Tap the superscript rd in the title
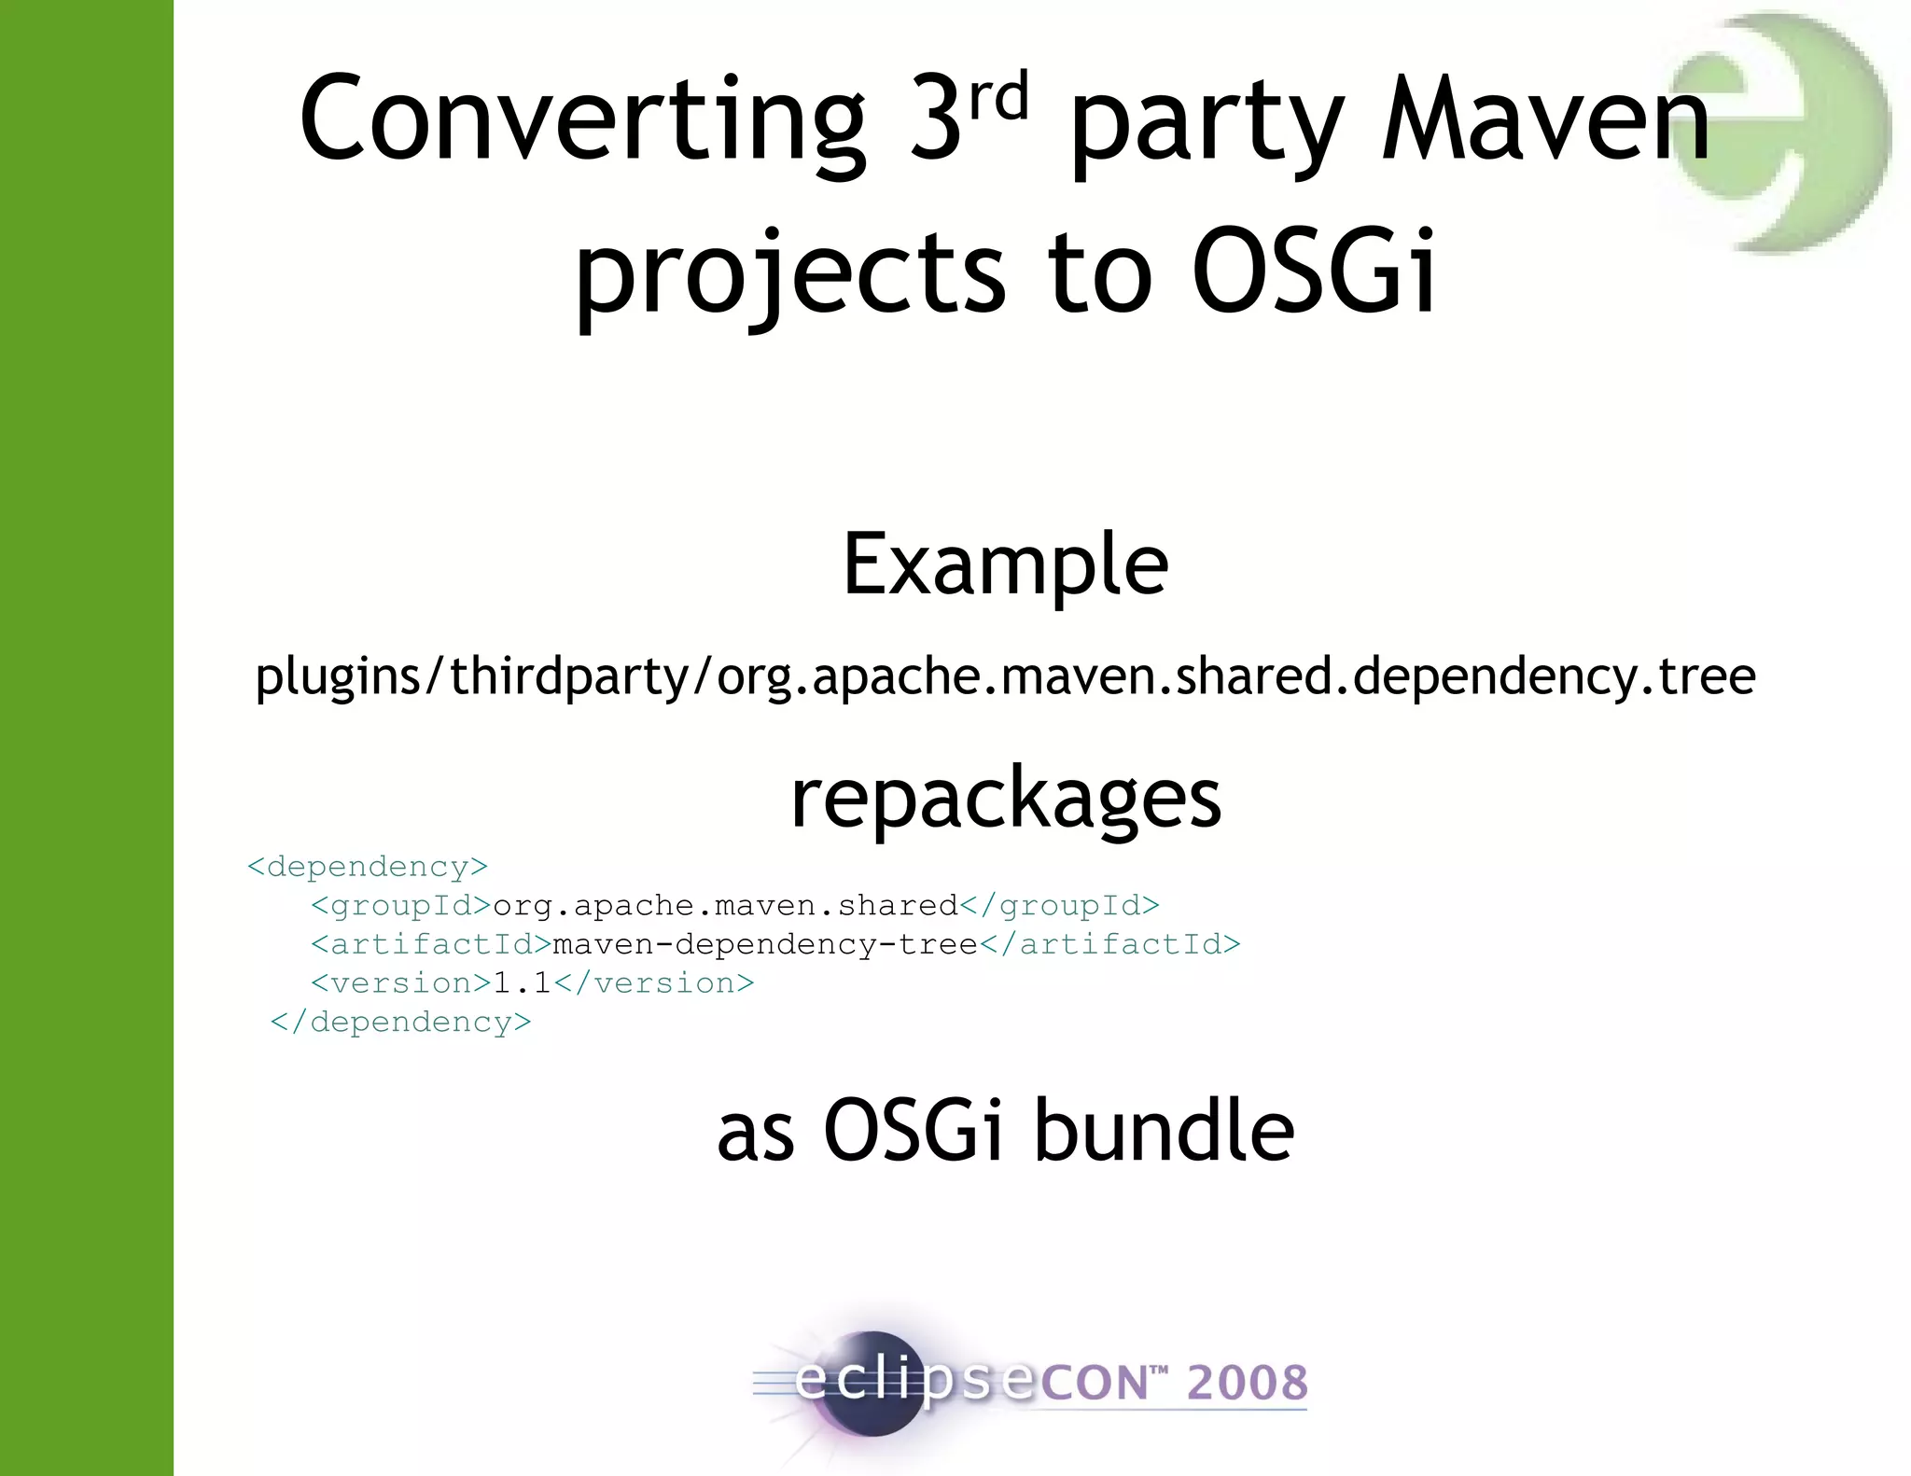coord(998,97)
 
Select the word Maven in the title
coord(1545,121)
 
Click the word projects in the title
coord(789,272)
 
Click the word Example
coord(1005,564)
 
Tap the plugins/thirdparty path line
coord(1005,675)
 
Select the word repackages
coord(1005,799)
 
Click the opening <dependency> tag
coord(368,867)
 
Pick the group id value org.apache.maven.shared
coord(725,905)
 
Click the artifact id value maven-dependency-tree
coord(764,944)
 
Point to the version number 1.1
coord(522,982)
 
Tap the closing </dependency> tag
coord(400,1022)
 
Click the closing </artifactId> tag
coord(1110,944)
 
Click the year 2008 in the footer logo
coord(1247,1383)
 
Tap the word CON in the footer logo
coord(1094,1383)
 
